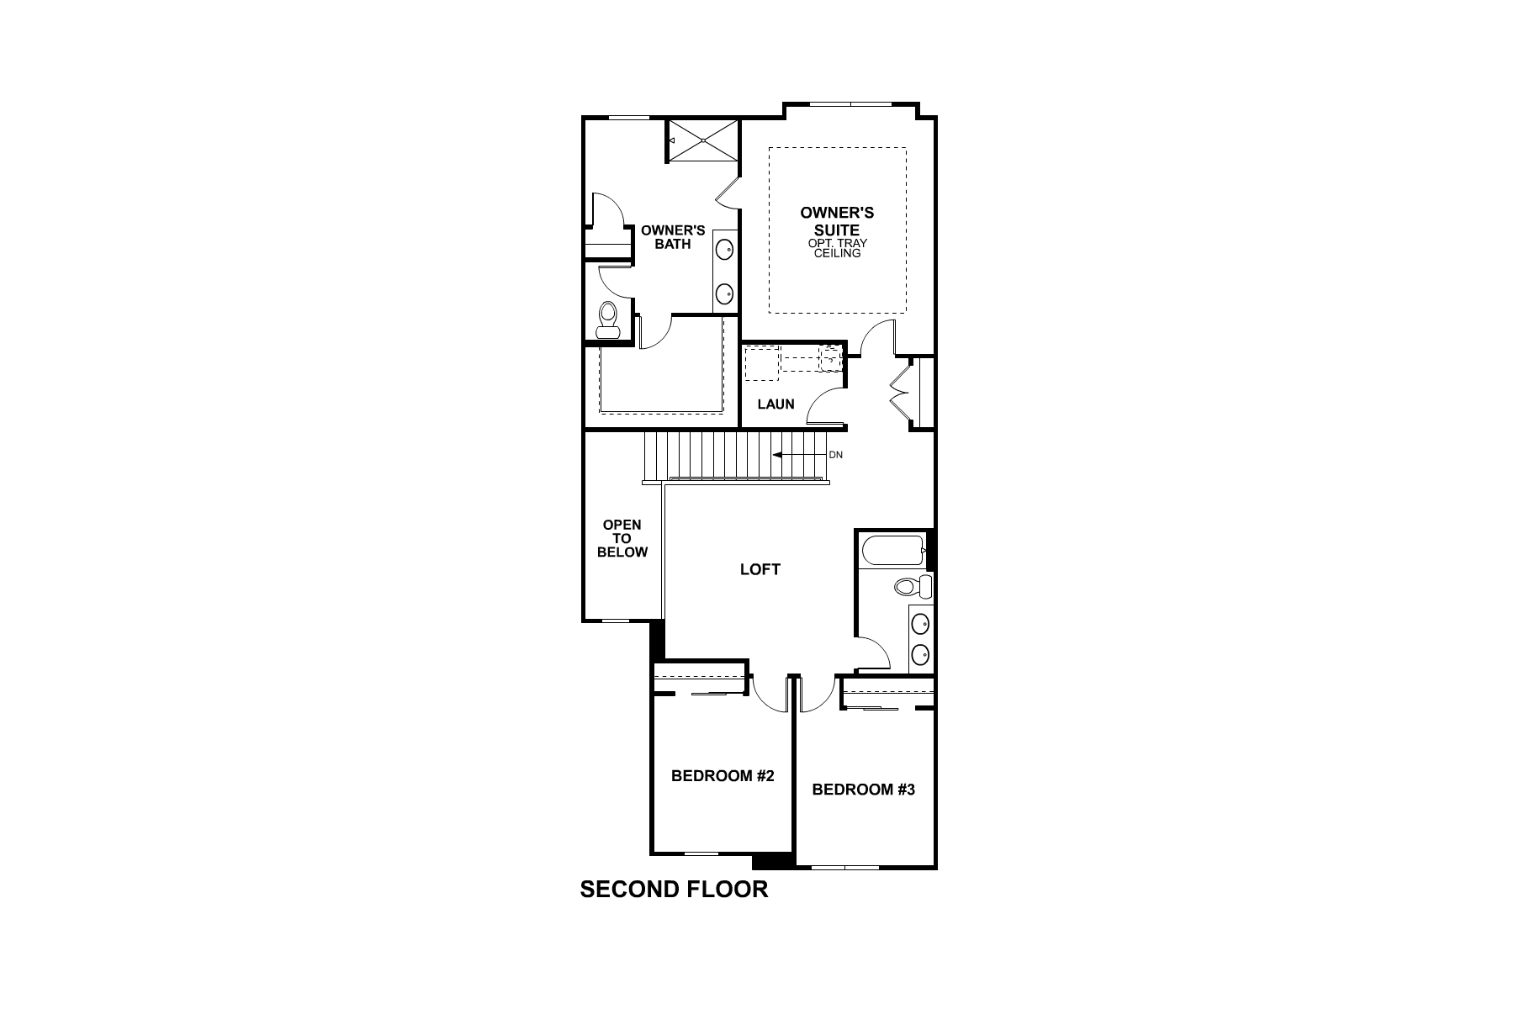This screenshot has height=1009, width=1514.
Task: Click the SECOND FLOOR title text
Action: [x=674, y=890]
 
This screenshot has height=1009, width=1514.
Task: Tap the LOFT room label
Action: [x=760, y=570]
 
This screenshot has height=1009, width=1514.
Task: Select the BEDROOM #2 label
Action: [x=722, y=776]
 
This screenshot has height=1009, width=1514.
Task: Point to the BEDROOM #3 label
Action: [x=863, y=790]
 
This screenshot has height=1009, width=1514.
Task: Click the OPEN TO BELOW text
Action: [x=622, y=538]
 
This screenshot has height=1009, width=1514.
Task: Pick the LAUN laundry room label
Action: [x=776, y=404]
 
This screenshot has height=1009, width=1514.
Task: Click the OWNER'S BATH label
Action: [x=673, y=237]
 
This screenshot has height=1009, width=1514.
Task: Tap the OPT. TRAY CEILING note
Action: [x=838, y=248]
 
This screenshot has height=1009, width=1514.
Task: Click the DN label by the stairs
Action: [x=835, y=455]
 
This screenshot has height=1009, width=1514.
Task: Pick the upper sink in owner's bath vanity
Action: [x=724, y=249]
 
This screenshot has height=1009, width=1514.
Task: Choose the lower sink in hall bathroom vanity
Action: [x=921, y=653]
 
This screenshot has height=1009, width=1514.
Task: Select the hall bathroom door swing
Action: [x=873, y=652]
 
